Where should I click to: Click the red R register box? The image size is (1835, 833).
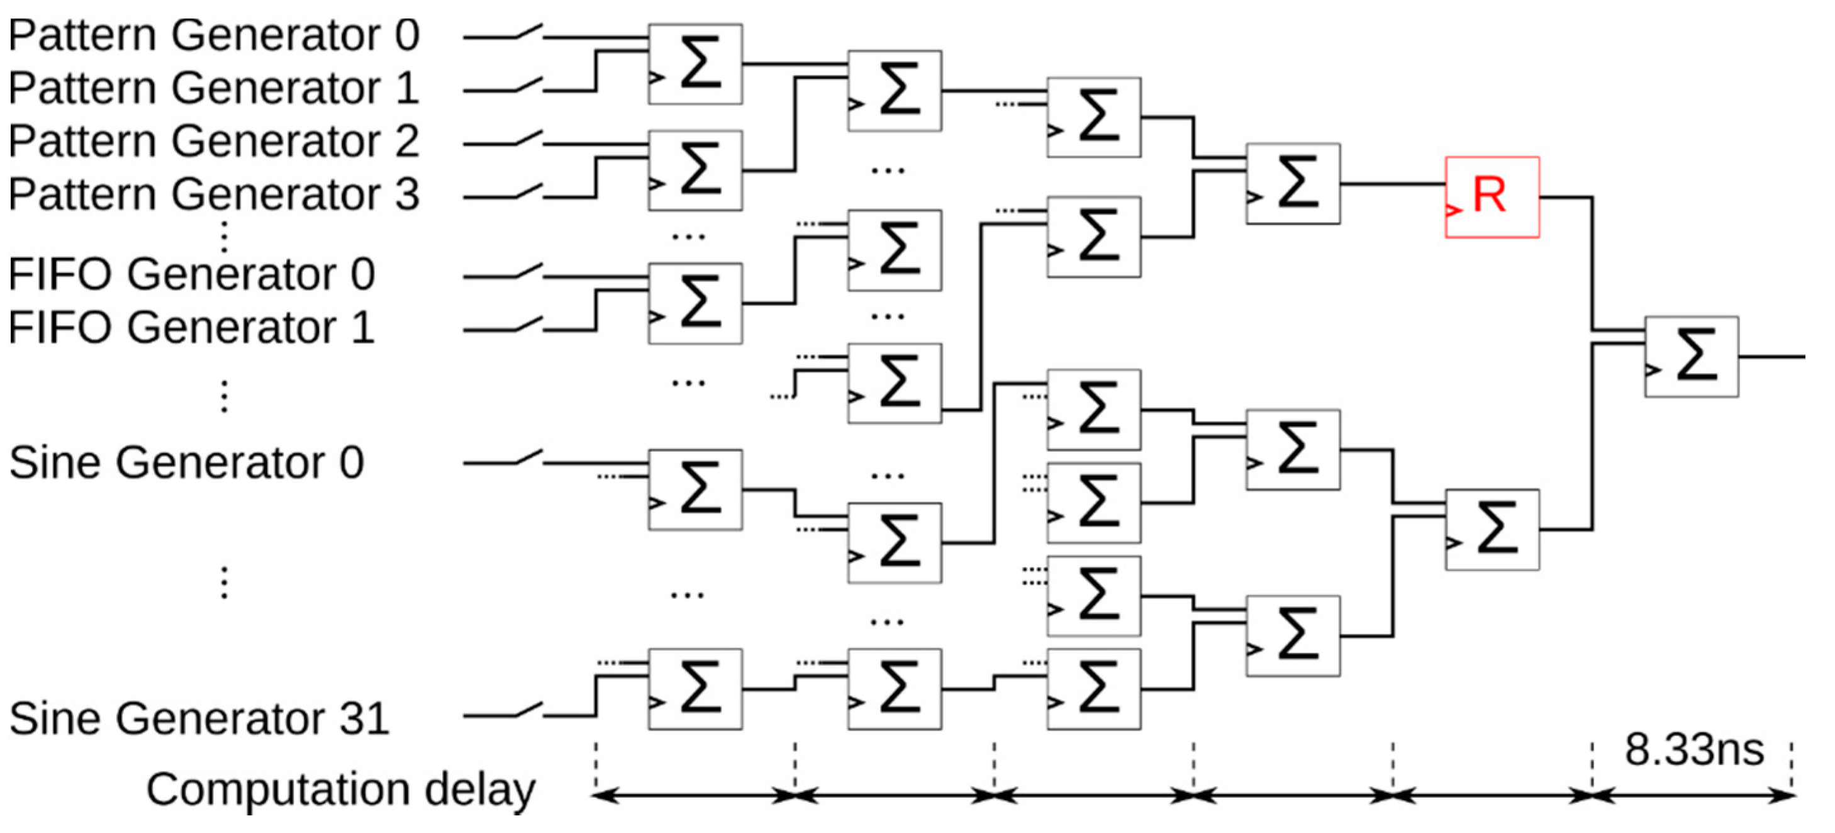point(1492,197)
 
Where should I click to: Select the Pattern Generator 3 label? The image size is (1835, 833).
point(214,194)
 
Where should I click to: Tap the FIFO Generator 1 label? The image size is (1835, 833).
point(191,327)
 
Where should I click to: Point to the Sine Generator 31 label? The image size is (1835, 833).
point(199,718)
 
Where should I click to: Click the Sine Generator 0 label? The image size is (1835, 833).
point(187,462)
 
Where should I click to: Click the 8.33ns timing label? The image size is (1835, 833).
point(1693,749)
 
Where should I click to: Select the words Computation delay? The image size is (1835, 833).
point(340,790)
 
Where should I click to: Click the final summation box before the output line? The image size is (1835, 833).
point(1691,356)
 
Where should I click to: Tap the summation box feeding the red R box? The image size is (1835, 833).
point(1292,184)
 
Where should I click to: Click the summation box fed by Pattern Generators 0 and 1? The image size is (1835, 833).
point(694,64)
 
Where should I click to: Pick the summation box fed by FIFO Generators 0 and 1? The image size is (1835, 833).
point(694,303)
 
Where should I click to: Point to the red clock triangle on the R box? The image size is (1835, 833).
point(1453,210)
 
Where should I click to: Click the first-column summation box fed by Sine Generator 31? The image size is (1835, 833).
point(694,689)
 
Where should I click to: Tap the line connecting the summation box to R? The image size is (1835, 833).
point(1393,184)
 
